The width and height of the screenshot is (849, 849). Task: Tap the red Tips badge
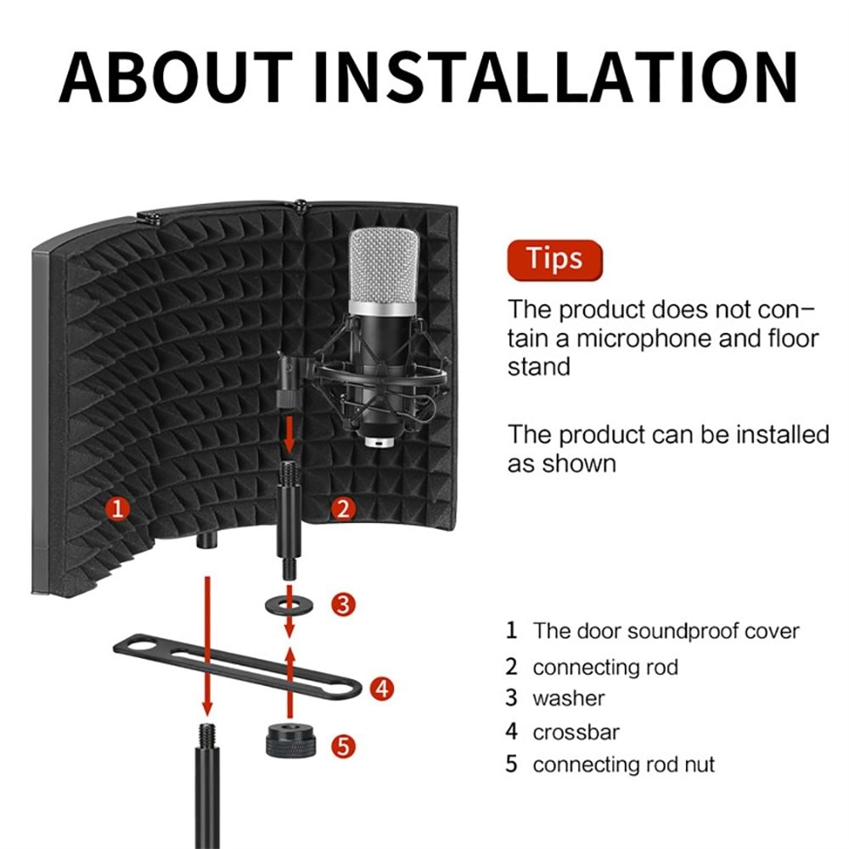coord(554,259)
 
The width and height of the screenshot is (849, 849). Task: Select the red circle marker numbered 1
coord(119,509)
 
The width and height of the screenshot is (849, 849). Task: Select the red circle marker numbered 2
coord(343,509)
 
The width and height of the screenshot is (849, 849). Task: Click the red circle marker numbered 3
coord(342,604)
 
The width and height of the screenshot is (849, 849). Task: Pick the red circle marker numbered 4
coord(383,689)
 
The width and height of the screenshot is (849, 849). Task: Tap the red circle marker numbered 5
coord(342,746)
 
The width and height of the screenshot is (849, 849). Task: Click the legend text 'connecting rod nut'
coord(623,764)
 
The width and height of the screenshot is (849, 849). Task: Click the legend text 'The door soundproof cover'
coord(666,631)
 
